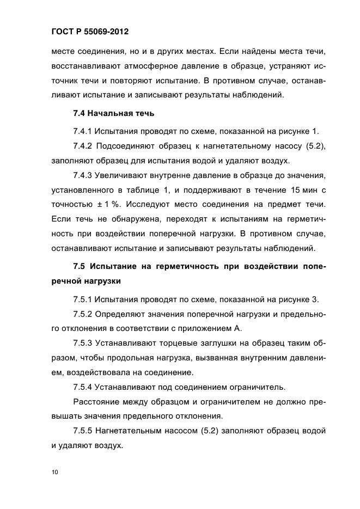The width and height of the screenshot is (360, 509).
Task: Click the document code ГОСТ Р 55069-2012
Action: pyautogui.click(x=87, y=32)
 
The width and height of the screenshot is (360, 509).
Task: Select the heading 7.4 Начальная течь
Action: pyautogui.click(x=114, y=114)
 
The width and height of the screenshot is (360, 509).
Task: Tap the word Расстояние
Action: pyautogui.click(x=97, y=402)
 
